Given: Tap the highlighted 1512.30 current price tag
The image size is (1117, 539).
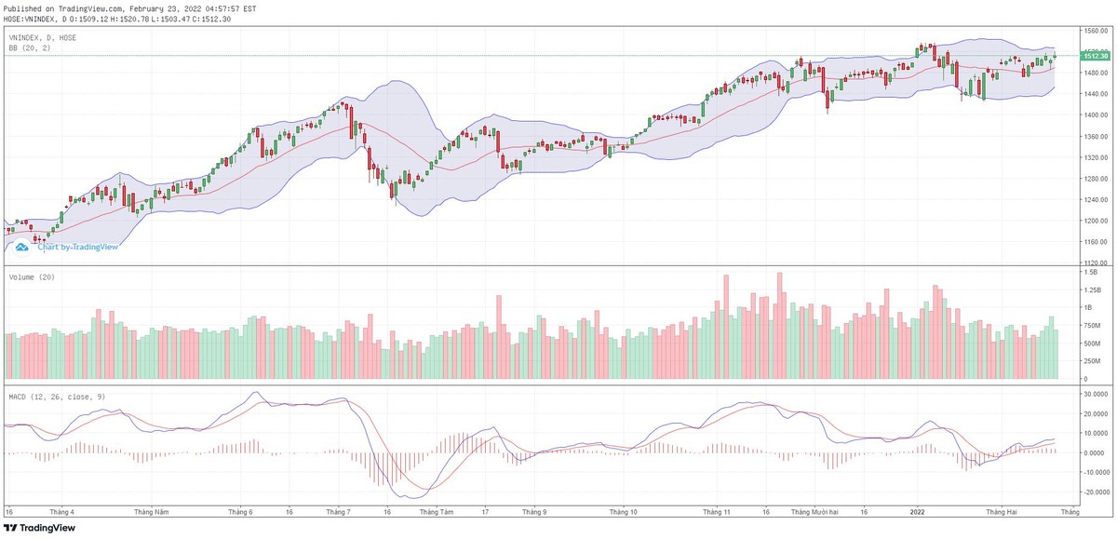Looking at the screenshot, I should (x=1093, y=56).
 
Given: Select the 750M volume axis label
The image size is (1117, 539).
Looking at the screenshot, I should (x=1091, y=326).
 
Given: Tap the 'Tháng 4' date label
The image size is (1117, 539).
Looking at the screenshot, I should (x=61, y=512).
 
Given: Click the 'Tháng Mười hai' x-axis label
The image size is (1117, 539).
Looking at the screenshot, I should (x=816, y=512).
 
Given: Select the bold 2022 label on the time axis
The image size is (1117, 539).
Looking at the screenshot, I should (x=917, y=512).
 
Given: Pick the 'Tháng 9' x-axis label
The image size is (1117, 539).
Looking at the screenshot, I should (x=534, y=512).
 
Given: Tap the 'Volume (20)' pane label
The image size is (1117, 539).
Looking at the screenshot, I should (x=32, y=278).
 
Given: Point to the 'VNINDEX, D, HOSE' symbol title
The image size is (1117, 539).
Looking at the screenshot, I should (x=43, y=37).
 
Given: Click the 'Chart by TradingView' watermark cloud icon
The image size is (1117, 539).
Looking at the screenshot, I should (x=21, y=247).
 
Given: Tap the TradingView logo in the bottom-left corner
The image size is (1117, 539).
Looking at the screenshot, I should (x=40, y=529).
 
